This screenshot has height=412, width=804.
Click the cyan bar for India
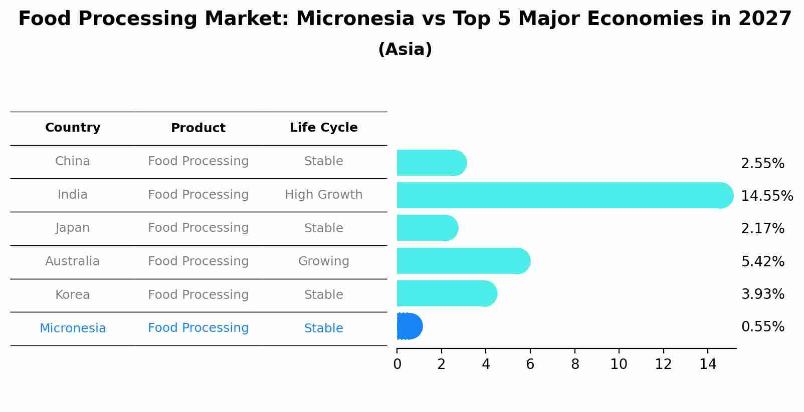click(565, 195)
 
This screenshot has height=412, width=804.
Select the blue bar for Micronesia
click(410, 326)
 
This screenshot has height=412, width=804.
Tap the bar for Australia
click(464, 261)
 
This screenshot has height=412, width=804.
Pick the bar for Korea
click(447, 294)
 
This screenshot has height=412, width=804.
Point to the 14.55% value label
click(767, 196)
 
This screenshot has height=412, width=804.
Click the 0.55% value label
click(763, 327)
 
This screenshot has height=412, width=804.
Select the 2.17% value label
click(763, 228)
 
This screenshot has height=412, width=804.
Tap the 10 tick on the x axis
click(619, 364)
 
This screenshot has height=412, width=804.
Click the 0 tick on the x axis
click(397, 364)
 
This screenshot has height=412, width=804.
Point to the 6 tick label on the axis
click(530, 364)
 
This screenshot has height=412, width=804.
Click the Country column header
click(73, 128)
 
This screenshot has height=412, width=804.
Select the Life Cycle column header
click(324, 128)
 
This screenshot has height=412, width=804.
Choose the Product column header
click(198, 128)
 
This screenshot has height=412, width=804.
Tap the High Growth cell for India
click(324, 195)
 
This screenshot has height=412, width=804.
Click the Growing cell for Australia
click(324, 261)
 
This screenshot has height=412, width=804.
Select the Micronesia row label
click(73, 328)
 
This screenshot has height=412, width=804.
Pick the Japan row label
click(73, 228)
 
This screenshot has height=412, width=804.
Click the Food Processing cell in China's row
click(198, 161)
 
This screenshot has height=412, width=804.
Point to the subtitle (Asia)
click(405, 50)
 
